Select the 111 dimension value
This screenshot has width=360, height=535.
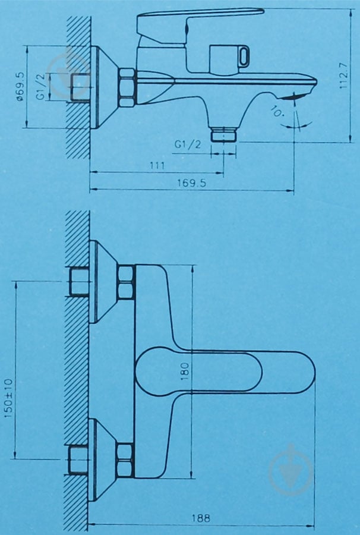coord(157,165)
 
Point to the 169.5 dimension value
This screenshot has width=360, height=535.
coord(192,183)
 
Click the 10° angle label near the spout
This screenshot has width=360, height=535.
coord(277,111)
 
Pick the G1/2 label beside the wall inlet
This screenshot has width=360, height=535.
coord(40,87)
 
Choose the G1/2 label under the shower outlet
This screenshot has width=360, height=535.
coord(188,144)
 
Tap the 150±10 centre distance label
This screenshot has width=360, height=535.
coord(8,398)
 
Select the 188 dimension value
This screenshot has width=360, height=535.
coord(201,518)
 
